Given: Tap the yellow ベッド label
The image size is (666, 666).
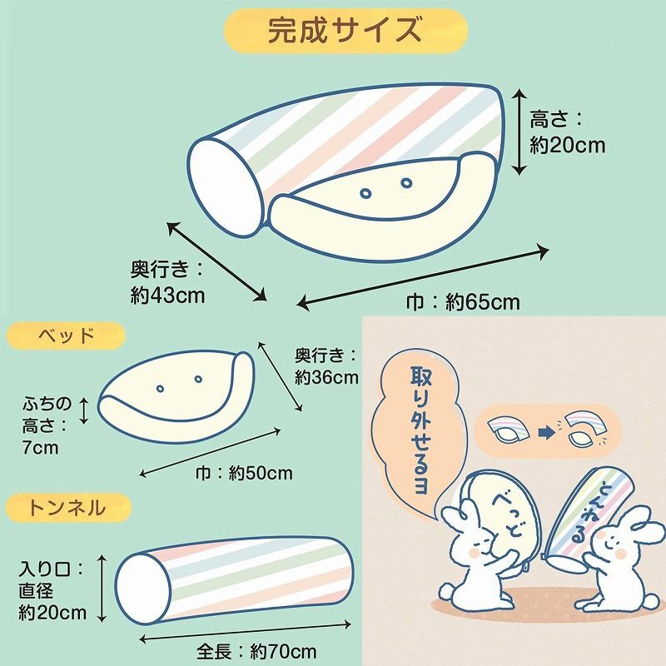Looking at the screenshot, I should tap(66, 336).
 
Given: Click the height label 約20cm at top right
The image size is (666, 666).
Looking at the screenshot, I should tap(568, 146).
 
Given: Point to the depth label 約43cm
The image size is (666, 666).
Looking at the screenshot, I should tap(167, 295).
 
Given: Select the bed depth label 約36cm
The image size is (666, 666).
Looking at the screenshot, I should tap(326, 376).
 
